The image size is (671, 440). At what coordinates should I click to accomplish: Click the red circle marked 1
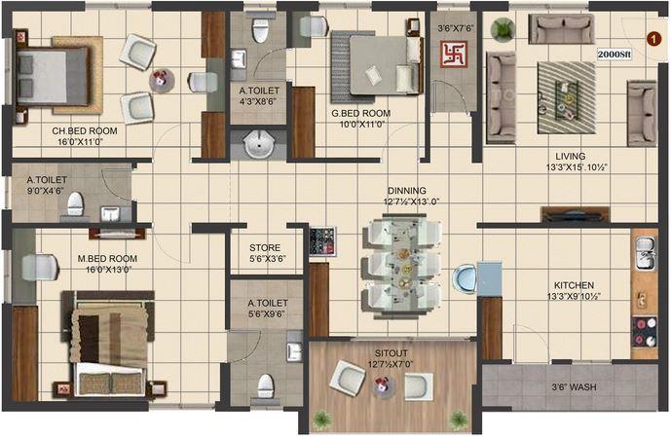(652, 38)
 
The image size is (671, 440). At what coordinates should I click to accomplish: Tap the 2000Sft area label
(614, 55)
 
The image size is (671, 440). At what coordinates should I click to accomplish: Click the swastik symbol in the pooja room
(453, 55)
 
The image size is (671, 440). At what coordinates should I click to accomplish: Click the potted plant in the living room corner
(503, 29)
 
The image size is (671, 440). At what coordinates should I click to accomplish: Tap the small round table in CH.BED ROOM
(163, 80)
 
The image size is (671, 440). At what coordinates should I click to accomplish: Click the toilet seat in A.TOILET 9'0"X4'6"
(75, 205)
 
